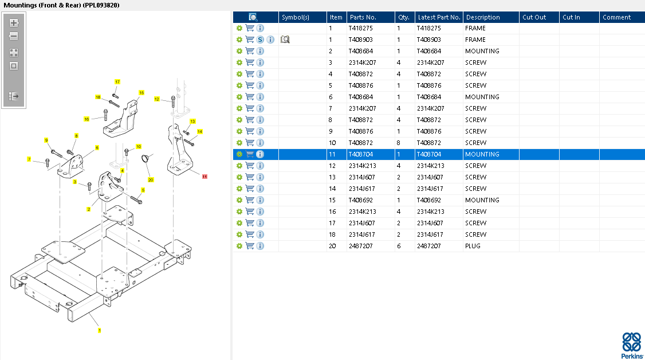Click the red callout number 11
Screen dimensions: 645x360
pos(205,177)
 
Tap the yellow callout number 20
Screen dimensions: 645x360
pos(151,180)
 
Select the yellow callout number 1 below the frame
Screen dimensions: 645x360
pos(100,330)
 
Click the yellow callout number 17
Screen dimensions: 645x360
pos(117,82)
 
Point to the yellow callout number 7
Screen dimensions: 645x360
pos(29,159)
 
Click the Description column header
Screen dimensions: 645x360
pos(483,17)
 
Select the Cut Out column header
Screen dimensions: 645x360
pos(534,17)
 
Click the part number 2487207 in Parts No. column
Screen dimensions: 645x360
pos(360,246)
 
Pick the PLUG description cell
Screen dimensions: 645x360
pos(473,246)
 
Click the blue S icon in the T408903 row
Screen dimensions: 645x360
pos(260,40)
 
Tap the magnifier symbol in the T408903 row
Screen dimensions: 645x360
pos(285,40)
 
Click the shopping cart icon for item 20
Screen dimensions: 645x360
pos(250,246)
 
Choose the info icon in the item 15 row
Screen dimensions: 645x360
pos(260,200)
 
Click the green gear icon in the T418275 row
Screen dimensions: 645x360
pos(239,28)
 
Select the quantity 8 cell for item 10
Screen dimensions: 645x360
pos(398,143)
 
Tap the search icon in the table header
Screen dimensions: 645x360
pos(253,17)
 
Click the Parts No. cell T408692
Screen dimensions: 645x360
pos(361,200)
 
